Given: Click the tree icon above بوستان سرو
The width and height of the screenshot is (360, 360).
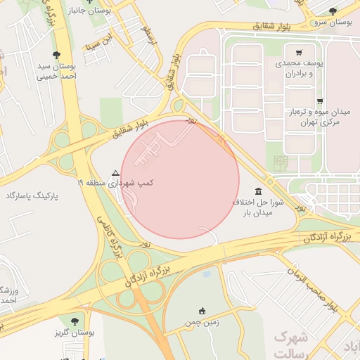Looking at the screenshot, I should tap(333, 11).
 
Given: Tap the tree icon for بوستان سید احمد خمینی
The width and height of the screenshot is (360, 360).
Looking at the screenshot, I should tap(56, 55).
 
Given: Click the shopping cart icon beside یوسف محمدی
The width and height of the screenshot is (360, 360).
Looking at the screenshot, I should tap(299, 53).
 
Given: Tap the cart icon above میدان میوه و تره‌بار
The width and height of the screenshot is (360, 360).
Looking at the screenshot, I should tap(320, 102).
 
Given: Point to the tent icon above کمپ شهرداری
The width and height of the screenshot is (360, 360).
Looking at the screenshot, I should tap(115, 172).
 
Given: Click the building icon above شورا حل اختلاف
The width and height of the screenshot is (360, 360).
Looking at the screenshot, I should tap(259, 192).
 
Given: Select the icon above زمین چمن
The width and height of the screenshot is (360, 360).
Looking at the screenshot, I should tap(202, 311).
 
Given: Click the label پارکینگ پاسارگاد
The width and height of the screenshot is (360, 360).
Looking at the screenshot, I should tap(34, 194).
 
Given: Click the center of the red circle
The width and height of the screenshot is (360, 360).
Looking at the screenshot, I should tap(180, 179).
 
